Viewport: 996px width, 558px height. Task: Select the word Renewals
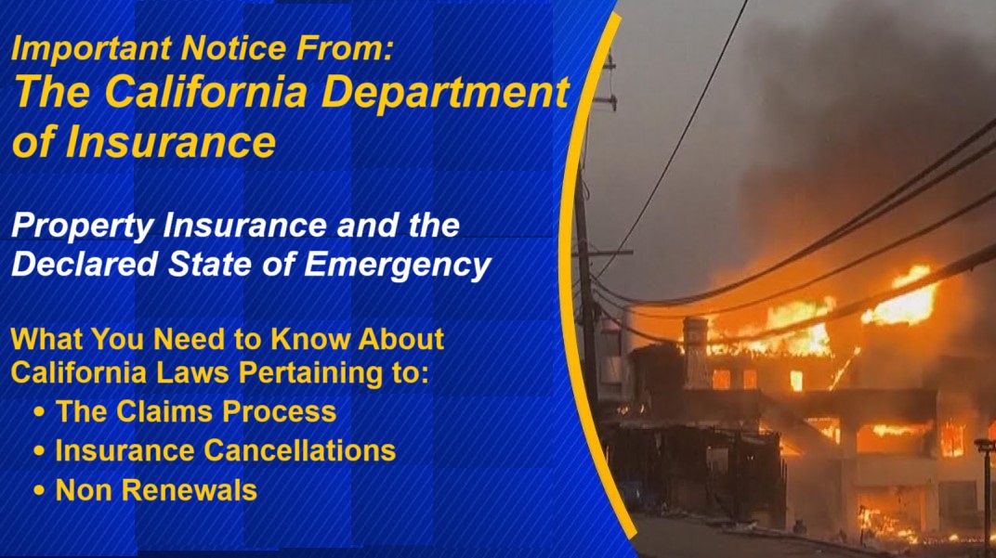point(191,490)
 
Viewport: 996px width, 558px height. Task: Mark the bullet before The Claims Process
point(39,412)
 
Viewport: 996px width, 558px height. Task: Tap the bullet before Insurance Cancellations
point(39,452)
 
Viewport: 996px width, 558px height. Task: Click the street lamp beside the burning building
point(985,483)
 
